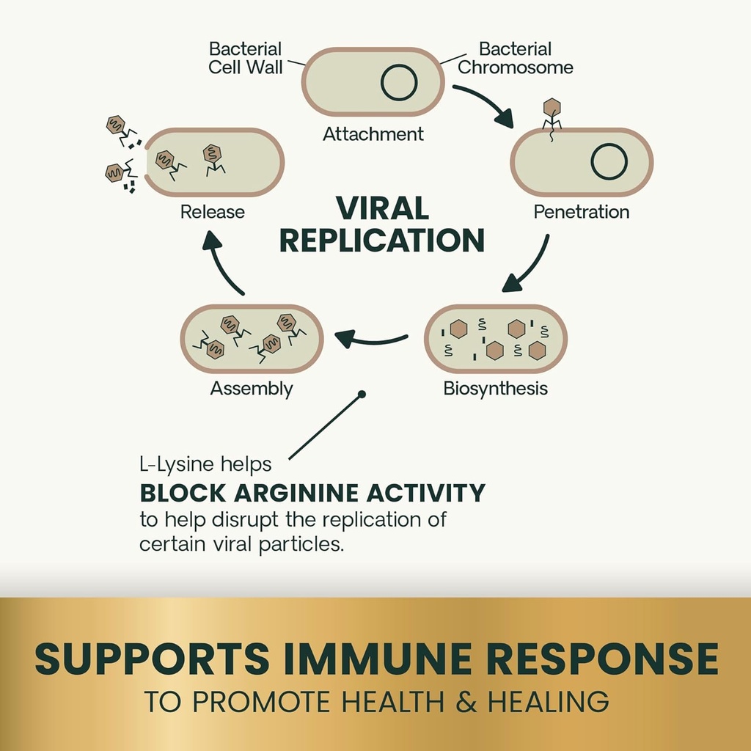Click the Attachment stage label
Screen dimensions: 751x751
click(x=373, y=134)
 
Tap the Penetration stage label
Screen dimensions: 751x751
click(x=581, y=212)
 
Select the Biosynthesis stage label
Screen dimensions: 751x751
click(x=495, y=388)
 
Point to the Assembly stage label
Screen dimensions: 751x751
click(x=252, y=389)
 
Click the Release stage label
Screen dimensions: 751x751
click(x=213, y=212)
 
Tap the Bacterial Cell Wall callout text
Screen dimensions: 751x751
click(x=245, y=59)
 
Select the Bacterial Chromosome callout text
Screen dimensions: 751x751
click(x=515, y=59)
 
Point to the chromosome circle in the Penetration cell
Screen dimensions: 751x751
click(x=609, y=161)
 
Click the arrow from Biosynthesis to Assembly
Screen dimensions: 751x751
click(x=371, y=338)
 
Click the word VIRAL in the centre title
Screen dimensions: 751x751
click(x=382, y=209)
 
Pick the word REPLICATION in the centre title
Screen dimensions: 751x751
click(x=382, y=241)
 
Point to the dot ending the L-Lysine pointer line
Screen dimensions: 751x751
click(x=361, y=395)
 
